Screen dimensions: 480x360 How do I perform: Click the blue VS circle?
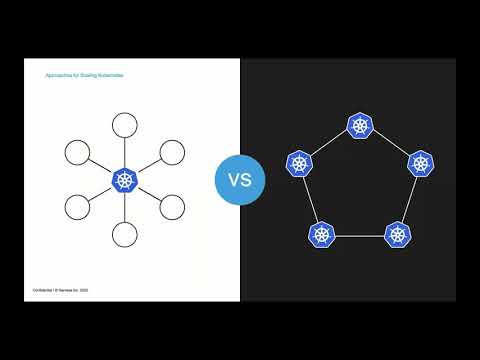[x=240, y=180]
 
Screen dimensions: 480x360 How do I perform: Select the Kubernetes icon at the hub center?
[x=125, y=180]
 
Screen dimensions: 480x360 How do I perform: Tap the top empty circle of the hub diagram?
[x=125, y=126]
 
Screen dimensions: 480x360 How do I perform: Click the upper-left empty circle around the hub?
[x=78, y=153]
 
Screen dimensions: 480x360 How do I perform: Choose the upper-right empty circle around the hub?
[x=172, y=153]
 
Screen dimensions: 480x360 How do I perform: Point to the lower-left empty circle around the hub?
[x=78, y=207]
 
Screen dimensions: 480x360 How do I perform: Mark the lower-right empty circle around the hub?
[x=172, y=207]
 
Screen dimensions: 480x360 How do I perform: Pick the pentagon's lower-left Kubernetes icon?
[x=322, y=235]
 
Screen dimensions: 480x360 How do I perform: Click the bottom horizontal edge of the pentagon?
[x=359, y=236]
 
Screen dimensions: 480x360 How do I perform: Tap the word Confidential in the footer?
[x=38, y=288]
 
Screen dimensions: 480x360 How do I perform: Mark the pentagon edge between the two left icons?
[x=310, y=199]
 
